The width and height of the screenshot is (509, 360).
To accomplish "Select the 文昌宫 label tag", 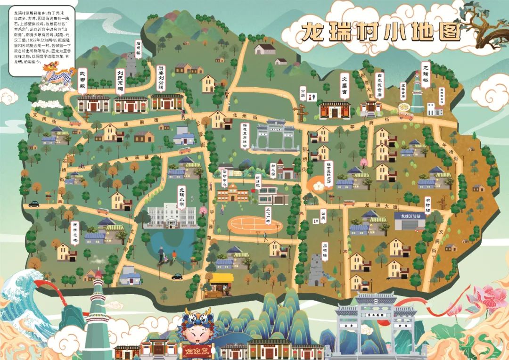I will [x=344, y=86].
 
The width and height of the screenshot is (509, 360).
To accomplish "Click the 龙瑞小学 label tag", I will [x=181, y=197].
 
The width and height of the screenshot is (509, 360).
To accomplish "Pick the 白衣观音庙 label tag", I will [x=379, y=84].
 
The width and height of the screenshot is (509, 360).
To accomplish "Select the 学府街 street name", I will [x=361, y=126].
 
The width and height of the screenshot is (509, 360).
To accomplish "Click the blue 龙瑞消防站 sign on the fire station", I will [x=410, y=216].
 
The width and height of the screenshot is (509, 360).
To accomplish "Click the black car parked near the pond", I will [x=177, y=276].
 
